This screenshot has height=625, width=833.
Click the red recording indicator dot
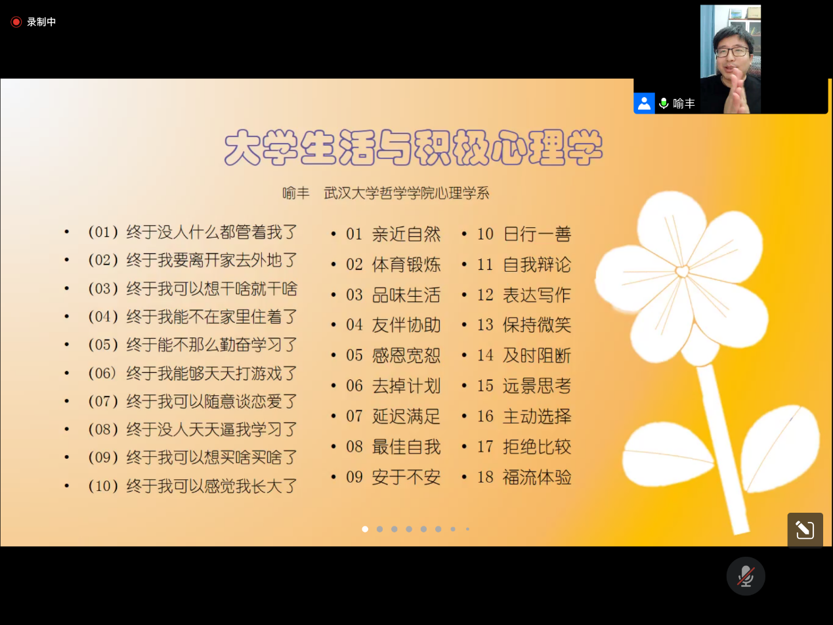(16, 22)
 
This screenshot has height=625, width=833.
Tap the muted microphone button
(746, 576)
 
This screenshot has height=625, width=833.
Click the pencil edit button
(805, 530)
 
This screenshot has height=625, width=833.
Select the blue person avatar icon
(644, 103)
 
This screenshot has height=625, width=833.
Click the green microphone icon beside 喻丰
(664, 104)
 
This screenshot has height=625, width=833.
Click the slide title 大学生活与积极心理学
(414, 148)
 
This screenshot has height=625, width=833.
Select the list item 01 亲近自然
(393, 234)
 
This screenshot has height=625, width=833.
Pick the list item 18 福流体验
(524, 477)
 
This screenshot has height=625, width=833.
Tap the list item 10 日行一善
(524, 234)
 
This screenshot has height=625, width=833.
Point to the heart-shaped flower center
(682, 272)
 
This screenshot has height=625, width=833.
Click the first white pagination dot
(365, 529)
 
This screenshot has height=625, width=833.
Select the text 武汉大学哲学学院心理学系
(406, 193)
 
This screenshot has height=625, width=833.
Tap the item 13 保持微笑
(524, 325)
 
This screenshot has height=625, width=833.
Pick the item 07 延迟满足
(393, 416)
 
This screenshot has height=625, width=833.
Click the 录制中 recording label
(41, 22)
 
